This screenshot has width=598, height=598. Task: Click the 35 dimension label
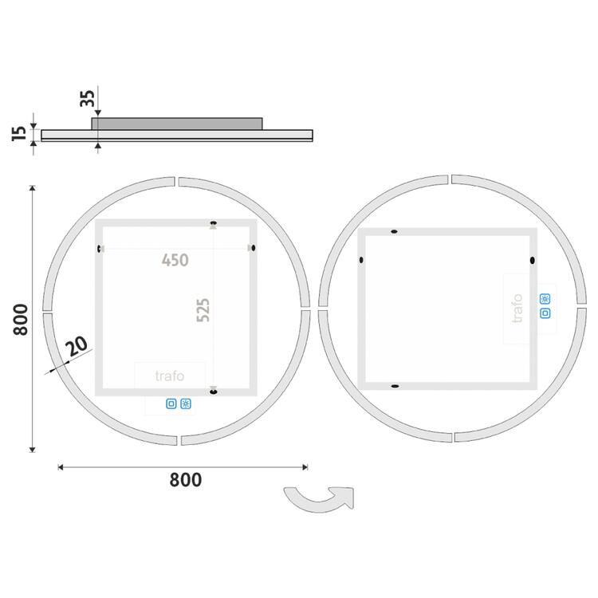tap(88, 98)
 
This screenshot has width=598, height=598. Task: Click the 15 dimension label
tap(20, 132)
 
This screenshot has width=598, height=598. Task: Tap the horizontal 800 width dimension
tap(185, 479)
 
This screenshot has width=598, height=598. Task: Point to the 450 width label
tap(175, 260)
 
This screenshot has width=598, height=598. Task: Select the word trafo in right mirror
tap(517, 309)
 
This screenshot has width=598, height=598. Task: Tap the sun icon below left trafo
tap(186, 403)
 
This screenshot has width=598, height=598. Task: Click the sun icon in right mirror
tap(545, 299)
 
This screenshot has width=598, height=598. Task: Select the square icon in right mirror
tap(545, 313)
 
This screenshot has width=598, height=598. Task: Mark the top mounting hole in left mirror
tap(213, 223)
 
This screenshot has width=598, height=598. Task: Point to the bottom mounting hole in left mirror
tap(213, 390)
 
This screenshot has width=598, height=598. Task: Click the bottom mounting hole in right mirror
tap(394, 386)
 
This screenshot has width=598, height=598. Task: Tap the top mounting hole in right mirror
tap(394, 232)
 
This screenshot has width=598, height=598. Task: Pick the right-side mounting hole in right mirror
tap(532, 260)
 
